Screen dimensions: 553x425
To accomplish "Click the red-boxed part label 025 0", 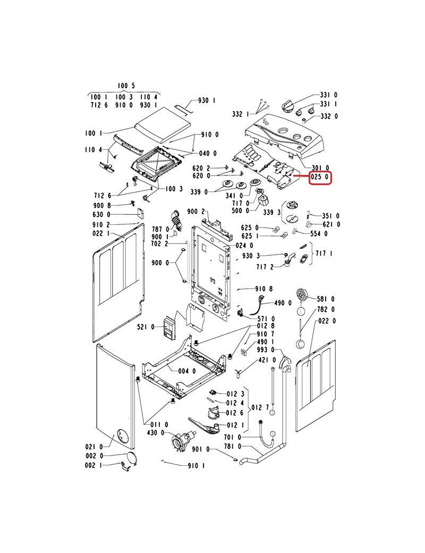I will [x=320, y=177].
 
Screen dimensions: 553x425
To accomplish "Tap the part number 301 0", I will [x=320, y=167].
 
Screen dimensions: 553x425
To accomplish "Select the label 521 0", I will [x=145, y=326].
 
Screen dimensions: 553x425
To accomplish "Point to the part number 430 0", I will [x=156, y=432].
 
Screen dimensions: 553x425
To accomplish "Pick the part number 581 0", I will [x=326, y=298].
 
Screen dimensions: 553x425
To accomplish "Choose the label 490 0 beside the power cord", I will [x=282, y=303].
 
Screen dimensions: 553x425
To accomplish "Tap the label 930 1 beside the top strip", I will [x=207, y=100].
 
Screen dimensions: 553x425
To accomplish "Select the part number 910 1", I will [x=196, y=466].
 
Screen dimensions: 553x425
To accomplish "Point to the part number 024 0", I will [x=244, y=246].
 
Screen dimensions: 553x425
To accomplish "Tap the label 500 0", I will [x=240, y=211].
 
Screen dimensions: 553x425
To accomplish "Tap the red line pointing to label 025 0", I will [x=301, y=177].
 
